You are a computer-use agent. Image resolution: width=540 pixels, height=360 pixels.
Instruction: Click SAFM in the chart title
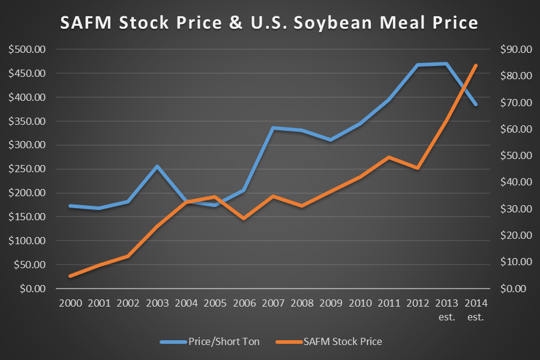pos(84,23)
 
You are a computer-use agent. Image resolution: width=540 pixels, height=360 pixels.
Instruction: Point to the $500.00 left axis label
pos(26,49)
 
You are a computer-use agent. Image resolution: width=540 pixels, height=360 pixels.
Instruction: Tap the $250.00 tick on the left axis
pos(26,169)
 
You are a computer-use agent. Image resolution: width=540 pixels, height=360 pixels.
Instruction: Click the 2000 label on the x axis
pos(70,303)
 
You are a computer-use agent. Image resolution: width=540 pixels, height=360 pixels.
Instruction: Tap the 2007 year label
pos(272,303)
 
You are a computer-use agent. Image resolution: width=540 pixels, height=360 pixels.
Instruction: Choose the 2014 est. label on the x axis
pos(475,308)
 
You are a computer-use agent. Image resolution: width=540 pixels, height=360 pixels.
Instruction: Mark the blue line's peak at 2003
pos(157,166)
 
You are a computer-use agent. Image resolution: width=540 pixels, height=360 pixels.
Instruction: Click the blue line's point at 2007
pos(272,128)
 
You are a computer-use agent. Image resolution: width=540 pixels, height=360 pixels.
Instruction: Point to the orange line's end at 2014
pos(476,65)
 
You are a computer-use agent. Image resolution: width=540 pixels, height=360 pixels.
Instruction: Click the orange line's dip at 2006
pos(244,218)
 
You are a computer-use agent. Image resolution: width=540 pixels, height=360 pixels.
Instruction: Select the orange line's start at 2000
pos(70,276)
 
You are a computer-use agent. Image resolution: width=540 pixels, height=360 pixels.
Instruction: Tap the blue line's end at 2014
pos(476,104)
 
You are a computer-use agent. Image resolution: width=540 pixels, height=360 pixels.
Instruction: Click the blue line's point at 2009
pos(331,140)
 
